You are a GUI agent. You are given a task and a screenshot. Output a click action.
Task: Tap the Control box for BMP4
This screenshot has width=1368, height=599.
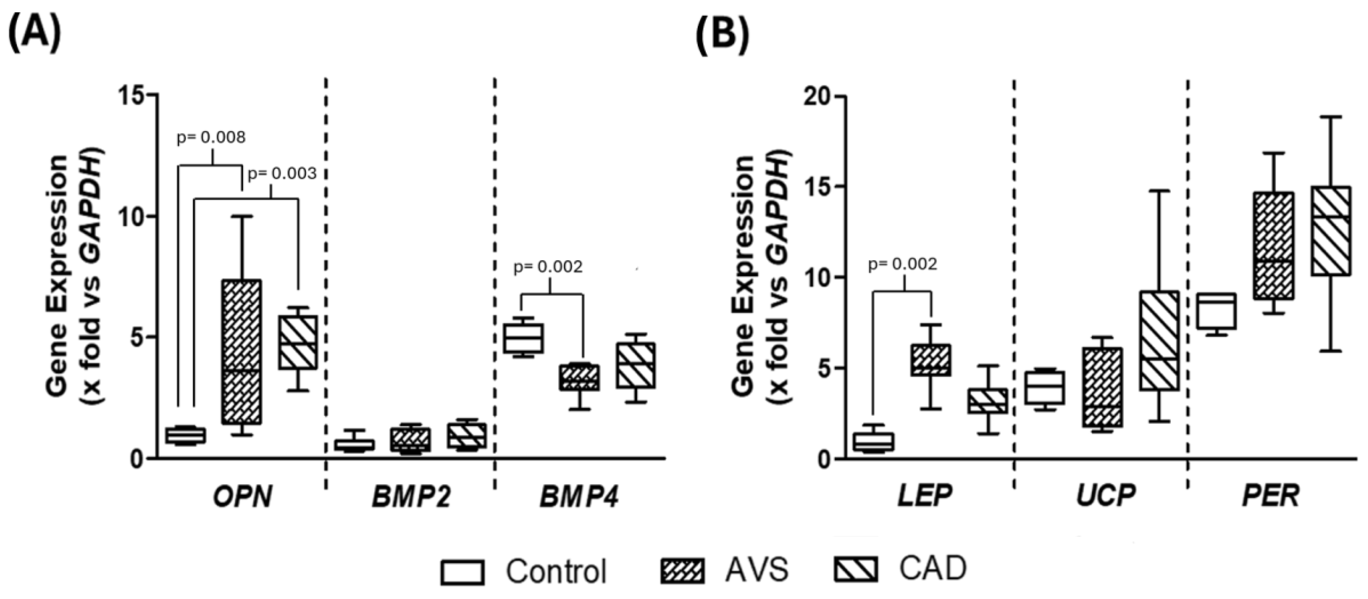(523, 337)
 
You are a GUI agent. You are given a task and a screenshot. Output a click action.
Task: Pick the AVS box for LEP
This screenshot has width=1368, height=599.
(931, 360)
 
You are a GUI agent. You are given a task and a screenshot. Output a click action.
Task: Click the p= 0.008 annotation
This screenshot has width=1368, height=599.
(211, 137)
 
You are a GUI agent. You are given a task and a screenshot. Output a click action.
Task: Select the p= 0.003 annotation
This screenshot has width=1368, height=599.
(282, 173)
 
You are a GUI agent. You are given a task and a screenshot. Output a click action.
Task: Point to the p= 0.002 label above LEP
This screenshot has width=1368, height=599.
(902, 264)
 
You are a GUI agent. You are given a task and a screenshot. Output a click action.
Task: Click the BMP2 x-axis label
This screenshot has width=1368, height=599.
(410, 497)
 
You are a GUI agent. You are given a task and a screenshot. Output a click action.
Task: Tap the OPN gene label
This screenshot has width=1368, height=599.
(242, 497)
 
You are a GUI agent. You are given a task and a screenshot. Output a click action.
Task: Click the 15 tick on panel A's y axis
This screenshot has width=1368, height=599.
(131, 96)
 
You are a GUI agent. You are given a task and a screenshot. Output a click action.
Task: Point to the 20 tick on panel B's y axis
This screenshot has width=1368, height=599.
(818, 97)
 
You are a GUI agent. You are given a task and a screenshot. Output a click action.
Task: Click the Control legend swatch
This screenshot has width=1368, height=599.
(462, 572)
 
